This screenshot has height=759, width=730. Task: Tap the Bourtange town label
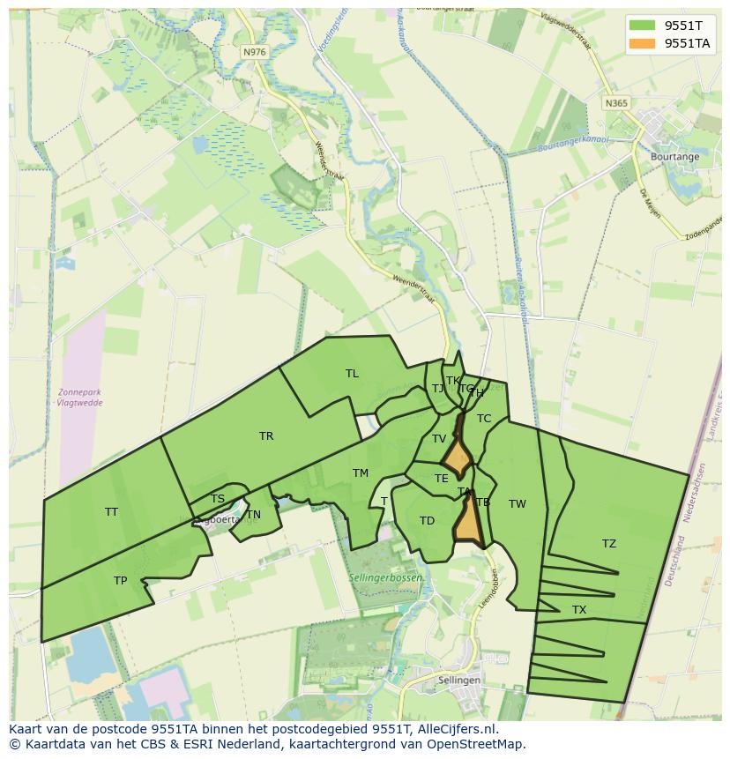tap(674, 157)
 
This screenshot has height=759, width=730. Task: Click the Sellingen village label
tap(459, 681)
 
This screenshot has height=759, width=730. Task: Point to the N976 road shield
tap(254, 52)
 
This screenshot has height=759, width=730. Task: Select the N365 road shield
tap(616, 103)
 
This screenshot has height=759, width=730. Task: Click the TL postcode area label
tap(352, 374)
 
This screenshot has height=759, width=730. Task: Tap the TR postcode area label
tap(266, 436)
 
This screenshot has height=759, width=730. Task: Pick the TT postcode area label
tap(111, 512)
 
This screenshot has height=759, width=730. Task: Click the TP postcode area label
tap(120, 581)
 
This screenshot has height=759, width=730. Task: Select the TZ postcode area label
tap(609, 544)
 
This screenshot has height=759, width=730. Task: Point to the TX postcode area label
tap(579, 610)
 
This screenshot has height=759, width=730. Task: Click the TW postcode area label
tap(518, 504)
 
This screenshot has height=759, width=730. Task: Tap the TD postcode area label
tap(427, 521)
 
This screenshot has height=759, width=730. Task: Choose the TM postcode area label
tap(361, 473)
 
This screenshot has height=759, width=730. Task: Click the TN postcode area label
tap(254, 515)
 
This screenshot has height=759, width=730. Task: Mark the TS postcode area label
tap(218, 499)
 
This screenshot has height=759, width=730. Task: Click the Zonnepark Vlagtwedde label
tap(79, 398)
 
